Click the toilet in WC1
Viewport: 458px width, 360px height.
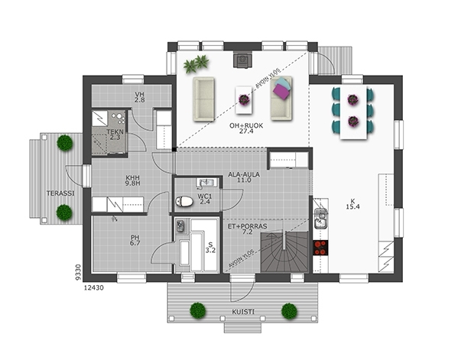(184, 201)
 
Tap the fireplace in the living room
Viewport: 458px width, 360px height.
(242, 60)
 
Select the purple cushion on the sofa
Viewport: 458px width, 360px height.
(281, 89)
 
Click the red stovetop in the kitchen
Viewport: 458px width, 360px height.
(320, 248)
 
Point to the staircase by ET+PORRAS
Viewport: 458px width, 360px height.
(284, 251)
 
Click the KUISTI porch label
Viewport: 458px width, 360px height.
(243, 312)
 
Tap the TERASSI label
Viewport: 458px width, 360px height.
(60, 193)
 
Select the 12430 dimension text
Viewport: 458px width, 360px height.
(94, 288)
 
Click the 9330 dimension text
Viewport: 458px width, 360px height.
(78, 273)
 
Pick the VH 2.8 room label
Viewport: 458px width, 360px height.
(140, 97)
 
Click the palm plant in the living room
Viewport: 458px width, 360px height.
(197, 64)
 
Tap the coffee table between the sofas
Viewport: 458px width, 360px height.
(244, 100)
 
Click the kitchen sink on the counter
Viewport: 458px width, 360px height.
(320, 219)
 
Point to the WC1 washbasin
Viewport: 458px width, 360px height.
(207, 183)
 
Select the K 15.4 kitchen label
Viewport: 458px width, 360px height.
(352, 204)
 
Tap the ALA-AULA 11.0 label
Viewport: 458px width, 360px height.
(244, 177)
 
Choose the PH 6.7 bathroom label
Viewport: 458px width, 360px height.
(135, 240)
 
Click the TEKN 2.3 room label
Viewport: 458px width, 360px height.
(115, 135)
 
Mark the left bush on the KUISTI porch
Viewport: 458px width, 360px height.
(198, 310)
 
